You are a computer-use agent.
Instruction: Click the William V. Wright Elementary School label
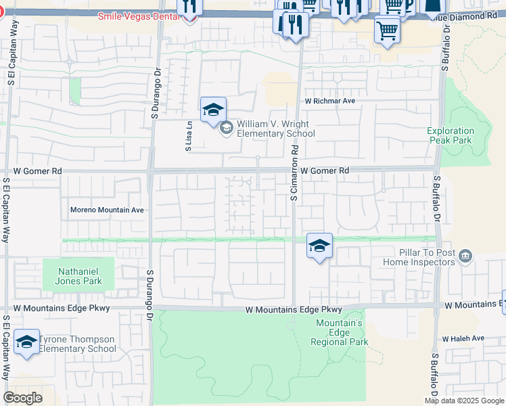pos(275,129)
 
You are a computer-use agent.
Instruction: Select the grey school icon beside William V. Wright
pos(226,126)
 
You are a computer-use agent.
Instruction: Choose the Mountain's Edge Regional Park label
pos(340,332)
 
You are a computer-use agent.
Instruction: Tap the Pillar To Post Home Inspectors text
pos(418,257)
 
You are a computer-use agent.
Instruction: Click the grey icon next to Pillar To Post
pos(465,256)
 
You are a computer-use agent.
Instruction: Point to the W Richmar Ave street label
pos(329,100)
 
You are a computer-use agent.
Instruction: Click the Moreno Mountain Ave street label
pos(107,210)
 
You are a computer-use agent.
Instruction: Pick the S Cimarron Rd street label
pos(294,175)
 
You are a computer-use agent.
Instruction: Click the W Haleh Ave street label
pos(463,338)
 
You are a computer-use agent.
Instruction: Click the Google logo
pos(22,397)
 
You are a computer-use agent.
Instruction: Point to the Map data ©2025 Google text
pos(465,400)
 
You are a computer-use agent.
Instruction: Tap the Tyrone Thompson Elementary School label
pos(77,344)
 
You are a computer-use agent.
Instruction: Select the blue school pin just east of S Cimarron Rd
pos(319,246)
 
